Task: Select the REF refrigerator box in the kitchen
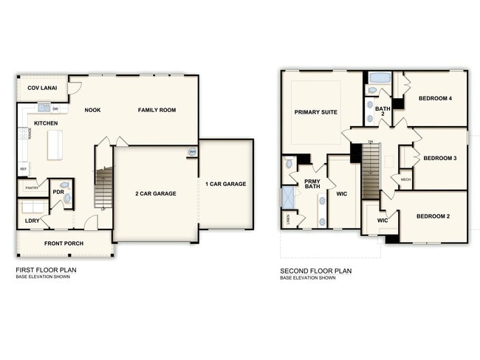23,169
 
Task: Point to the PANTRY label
31,188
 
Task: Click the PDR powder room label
57,192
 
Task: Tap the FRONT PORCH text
64,243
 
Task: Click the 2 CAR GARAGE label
155,193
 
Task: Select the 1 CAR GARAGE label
226,184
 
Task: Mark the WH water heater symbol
192,152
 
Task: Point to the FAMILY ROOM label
157,110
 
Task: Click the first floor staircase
103,188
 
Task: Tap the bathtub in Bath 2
380,77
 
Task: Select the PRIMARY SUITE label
315,112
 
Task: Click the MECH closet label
405,179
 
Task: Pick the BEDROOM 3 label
439,158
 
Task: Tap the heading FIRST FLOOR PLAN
46,271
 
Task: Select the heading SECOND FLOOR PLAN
315,271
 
